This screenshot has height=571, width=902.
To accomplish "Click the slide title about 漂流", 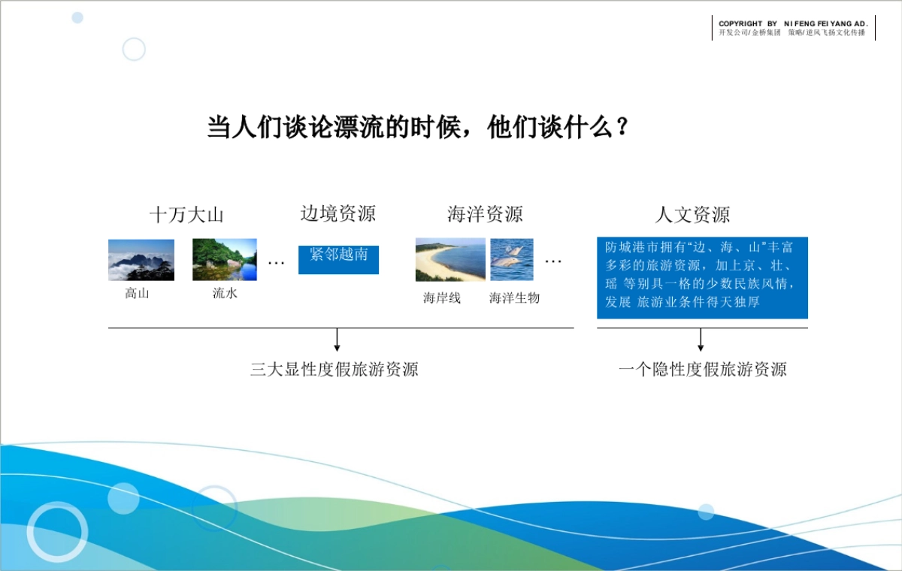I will pyautogui.click(x=418, y=128).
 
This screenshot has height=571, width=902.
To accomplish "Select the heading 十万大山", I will pyautogui.click(x=186, y=215).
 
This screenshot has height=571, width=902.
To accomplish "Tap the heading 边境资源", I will pyautogui.click(x=337, y=214).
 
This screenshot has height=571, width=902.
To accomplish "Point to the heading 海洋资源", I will pyautogui.click(x=485, y=215).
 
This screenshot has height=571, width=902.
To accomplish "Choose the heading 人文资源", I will pyautogui.click(x=692, y=215).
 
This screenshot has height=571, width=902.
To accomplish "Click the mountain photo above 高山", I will pyautogui.click(x=141, y=260).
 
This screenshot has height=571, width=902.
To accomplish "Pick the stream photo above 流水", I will pyautogui.click(x=224, y=260).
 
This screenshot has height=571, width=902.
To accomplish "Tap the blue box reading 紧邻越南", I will pyautogui.click(x=338, y=259).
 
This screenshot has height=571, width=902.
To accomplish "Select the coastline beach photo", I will pyautogui.click(x=450, y=260).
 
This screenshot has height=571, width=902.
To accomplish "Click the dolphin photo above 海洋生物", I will pyautogui.click(x=512, y=260).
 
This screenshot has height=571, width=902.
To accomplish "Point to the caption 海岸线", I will pyautogui.click(x=442, y=298).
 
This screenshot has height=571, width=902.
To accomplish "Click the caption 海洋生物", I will pyautogui.click(x=514, y=298).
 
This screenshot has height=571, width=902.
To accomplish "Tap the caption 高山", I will pyautogui.click(x=137, y=294).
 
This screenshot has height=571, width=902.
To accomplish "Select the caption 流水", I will pyautogui.click(x=225, y=294).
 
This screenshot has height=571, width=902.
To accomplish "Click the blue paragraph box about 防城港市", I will pyautogui.click(x=702, y=278).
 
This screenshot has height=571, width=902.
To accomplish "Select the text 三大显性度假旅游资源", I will pyautogui.click(x=334, y=370).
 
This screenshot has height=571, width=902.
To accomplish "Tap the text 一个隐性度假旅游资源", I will pyautogui.click(x=702, y=370).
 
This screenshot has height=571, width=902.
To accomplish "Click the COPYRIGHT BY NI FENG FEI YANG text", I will pyautogui.click(x=793, y=24).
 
